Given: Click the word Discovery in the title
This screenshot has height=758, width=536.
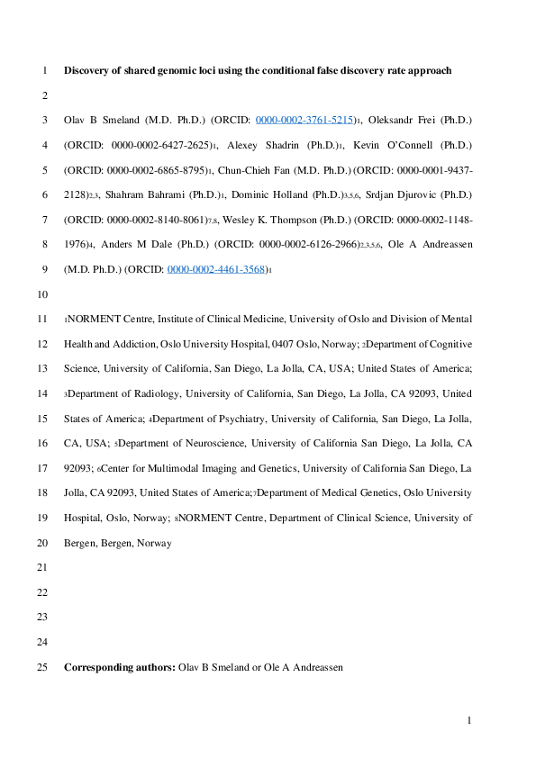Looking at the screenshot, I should tap(86, 70).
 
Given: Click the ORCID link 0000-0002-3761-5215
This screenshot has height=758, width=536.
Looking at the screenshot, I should tap(305, 120).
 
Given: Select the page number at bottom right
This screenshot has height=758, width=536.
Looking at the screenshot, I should tap(469, 720).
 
